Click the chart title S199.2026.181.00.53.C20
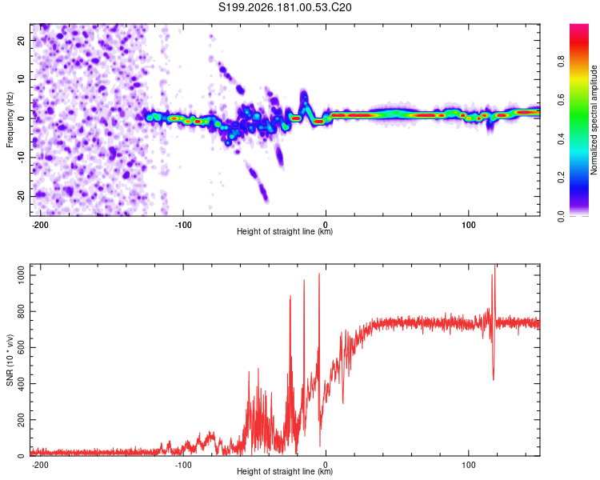point(285,7)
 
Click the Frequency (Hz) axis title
point(10,119)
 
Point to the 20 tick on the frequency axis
point(22,40)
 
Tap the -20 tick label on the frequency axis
point(22,196)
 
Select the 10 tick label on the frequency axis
point(22,79)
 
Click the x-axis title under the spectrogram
point(285,231)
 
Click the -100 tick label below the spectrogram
point(183,225)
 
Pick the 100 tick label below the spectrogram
point(468,225)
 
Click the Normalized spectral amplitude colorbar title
point(594,120)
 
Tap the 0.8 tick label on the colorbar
point(561,62)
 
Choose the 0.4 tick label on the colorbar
point(561,139)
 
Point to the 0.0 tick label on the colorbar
point(561,217)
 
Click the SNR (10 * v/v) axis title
point(10,360)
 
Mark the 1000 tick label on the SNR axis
point(22,275)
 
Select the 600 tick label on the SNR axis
point(22,347)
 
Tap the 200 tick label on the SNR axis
point(22,419)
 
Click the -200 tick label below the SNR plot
point(39,465)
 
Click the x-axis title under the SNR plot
point(285,471)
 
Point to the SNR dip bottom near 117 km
point(494,380)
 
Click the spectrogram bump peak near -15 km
point(304,92)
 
